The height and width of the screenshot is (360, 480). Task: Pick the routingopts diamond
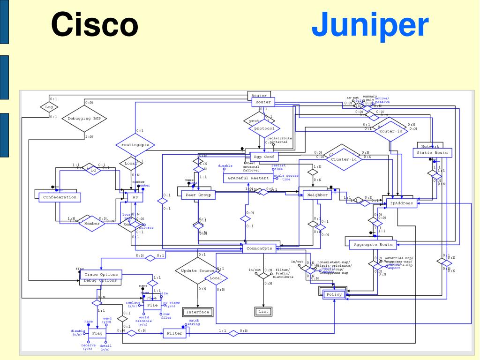click(x=135, y=145)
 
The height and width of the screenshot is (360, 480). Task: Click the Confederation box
click(x=60, y=197)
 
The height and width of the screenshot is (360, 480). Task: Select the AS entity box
click(x=134, y=198)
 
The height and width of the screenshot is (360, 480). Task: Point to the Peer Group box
click(x=198, y=195)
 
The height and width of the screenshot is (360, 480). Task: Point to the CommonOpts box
click(x=259, y=248)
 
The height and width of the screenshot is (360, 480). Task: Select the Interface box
click(x=197, y=312)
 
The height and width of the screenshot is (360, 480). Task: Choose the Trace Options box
click(x=100, y=274)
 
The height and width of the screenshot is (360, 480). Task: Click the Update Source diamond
click(x=197, y=271)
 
